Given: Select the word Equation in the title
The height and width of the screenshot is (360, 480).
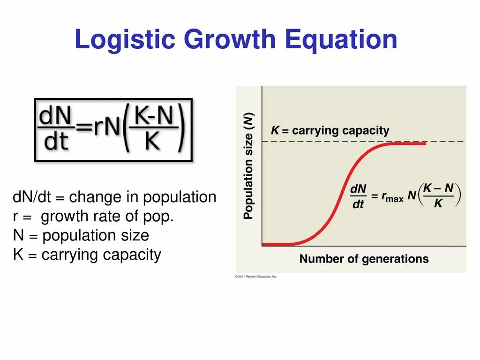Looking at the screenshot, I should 341,40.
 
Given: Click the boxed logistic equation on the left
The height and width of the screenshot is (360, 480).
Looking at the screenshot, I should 113,130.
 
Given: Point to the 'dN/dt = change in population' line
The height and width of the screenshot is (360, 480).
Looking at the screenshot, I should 114,197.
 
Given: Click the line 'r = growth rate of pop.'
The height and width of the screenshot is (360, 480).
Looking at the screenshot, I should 93,217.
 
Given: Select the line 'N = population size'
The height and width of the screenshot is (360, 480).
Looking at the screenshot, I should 81,235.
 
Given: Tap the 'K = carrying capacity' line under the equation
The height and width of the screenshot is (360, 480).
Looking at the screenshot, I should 87,255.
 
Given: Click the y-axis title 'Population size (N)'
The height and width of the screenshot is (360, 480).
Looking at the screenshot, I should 248,166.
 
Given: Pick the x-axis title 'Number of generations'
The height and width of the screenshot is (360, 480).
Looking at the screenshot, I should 364,259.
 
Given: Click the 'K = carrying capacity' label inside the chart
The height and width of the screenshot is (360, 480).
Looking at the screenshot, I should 330,130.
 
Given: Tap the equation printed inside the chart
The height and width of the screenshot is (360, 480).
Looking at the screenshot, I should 405,196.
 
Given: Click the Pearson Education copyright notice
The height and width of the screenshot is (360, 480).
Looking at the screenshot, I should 256,277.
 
